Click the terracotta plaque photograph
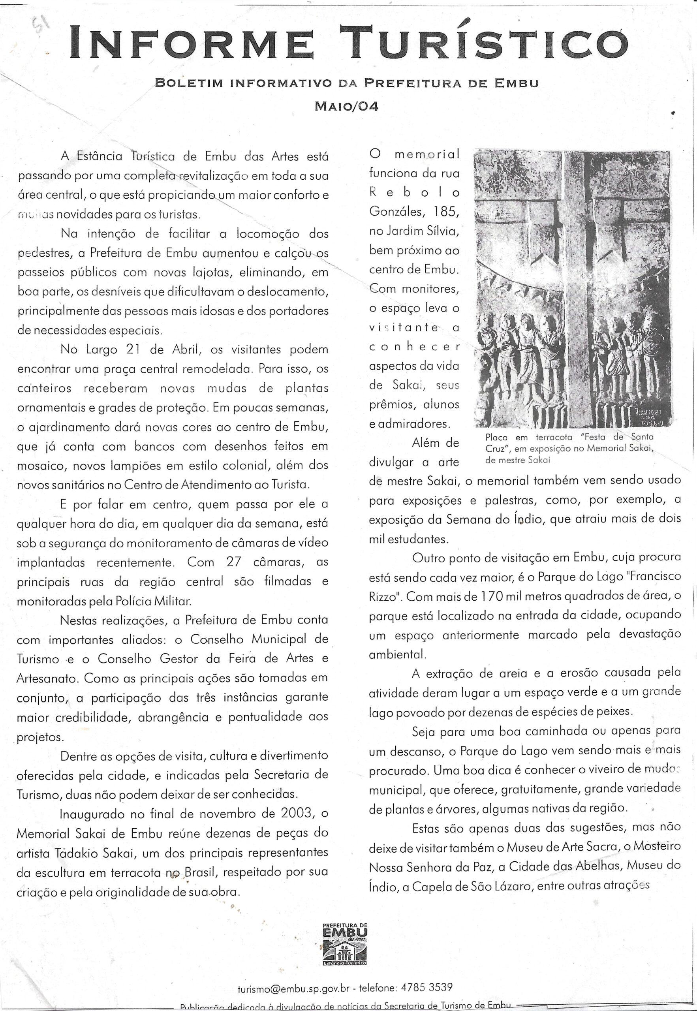click(x=572, y=288)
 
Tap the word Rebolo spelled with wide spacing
click(x=414, y=193)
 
